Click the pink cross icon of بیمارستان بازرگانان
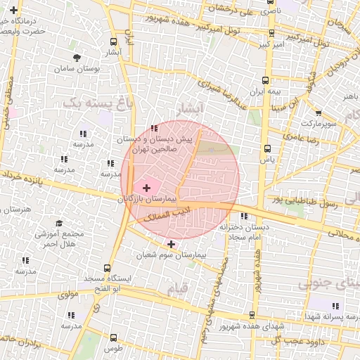[x=146, y=188]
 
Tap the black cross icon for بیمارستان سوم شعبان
[x=171, y=243]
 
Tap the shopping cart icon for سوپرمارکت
[x=319, y=112]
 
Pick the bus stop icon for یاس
[x=267, y=148]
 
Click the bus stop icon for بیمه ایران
[x=264, y=80]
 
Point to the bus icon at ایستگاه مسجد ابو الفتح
[x=107, y=268]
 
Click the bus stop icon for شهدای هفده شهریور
[x=252, y=314]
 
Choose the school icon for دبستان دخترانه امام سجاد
[x=244, y=216]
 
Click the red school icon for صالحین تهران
[x=154, y=128]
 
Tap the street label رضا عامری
[x=303, y=140]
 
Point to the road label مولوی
[x=67, y=295]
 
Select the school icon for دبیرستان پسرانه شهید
[x=335, y=306]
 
